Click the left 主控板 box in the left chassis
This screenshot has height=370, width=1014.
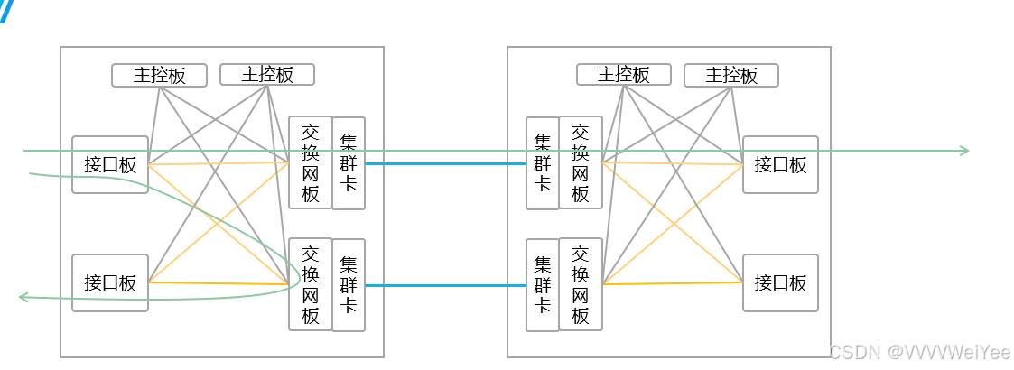(x=159, y=75)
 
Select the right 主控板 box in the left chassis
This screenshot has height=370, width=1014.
(x=267, y=74)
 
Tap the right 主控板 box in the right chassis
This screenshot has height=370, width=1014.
(x=731, y=75)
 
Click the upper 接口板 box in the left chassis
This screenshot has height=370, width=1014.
(x=110, y=164)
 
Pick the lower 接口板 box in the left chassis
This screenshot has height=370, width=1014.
(x=110, y=282)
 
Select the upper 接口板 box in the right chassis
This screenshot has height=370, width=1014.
(x=780, y=164)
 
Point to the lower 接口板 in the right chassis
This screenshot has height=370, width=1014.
(x=780, y=282)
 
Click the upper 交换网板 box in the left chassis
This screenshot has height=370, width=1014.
(x=311, y=162)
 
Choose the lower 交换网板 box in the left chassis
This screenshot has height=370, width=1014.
(x=311, y=284)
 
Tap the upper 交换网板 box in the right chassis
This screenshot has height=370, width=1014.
(x=581, y=162)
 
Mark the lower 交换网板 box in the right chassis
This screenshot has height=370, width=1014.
(x=581, y=284)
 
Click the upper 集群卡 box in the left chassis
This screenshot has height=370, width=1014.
(x=349, y=162)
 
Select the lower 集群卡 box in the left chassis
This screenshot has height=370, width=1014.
(x=349, y=284)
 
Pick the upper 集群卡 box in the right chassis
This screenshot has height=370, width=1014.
(x=543, y=162)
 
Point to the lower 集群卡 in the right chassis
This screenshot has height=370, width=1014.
(x=543, y=284)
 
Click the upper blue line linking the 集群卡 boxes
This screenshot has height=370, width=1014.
(x=446, y=164)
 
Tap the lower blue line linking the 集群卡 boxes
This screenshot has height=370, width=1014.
(x=446, y=285)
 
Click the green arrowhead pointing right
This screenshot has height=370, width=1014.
(x=964, y=151)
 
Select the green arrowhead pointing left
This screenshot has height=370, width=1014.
(x=23, y=296)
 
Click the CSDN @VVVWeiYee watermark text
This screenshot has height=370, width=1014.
(x=920, y=352)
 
